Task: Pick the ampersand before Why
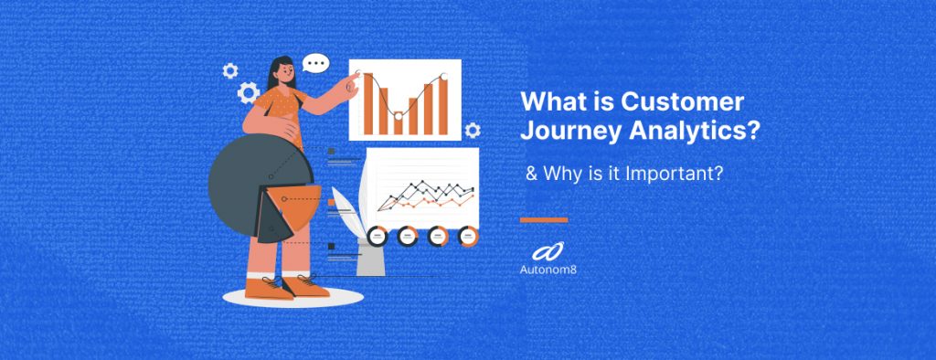pos(530,172)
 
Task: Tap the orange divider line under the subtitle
pos(544,220)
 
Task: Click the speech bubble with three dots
pos(316,64)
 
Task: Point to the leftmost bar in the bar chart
pos(368,101)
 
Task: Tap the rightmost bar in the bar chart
pos(443,104)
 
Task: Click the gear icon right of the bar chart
pos(472,131)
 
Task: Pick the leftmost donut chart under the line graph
pos(377,235)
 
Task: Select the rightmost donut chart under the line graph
pos(468,235)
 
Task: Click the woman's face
pos(284,72)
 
